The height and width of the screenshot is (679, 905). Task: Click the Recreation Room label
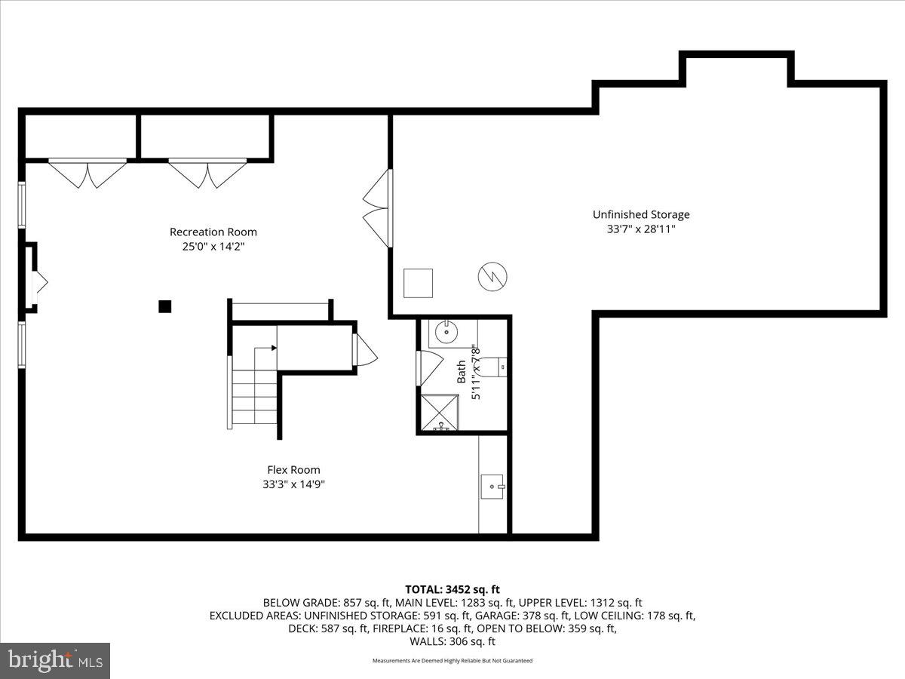(213, 232)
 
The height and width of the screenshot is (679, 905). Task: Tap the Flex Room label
(293, 470)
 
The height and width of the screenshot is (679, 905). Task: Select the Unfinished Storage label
(640, 215)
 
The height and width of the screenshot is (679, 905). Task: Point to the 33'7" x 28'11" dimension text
(640, 229)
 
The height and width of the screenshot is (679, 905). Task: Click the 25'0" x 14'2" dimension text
(213, 247)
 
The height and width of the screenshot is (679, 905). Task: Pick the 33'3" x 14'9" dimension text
(293, 484)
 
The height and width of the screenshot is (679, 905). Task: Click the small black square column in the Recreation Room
(164, 306)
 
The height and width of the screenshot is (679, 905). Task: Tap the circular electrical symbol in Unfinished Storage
(492, 277)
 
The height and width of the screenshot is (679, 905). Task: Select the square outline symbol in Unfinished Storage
(418, 283)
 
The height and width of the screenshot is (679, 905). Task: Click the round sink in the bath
(447, 330)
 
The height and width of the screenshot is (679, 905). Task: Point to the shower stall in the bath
(440, 413)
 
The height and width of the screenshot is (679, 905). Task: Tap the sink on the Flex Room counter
(492, 487)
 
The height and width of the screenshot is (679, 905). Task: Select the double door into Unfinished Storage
(379, 209)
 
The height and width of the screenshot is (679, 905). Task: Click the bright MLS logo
(55, 660)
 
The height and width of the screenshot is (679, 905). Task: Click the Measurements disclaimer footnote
(452, 661)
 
